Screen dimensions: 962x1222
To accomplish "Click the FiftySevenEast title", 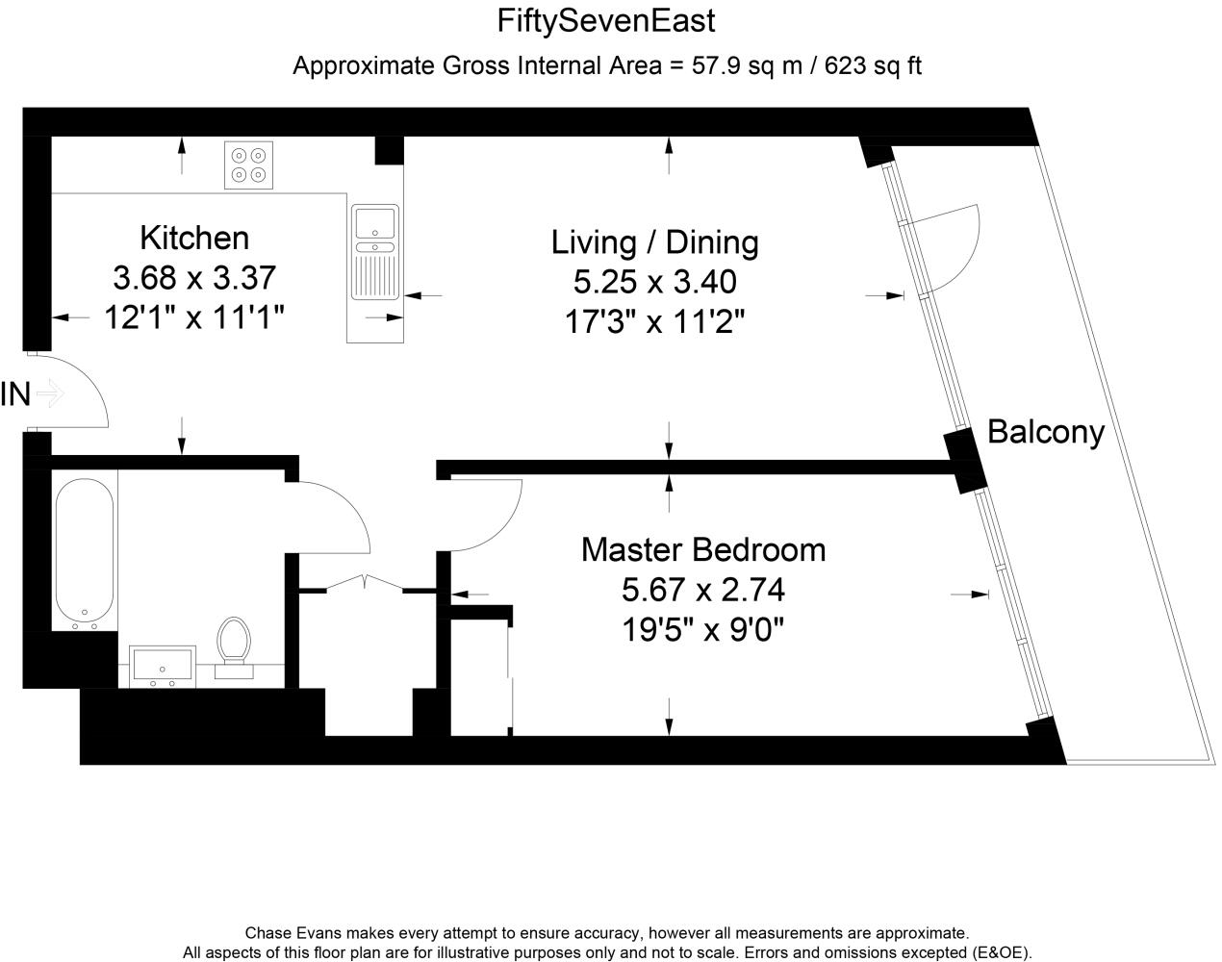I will tap(606, 20).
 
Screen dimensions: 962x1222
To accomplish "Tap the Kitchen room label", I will tap(194, 237).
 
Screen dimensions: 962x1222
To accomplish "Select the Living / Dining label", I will tap(654, 241).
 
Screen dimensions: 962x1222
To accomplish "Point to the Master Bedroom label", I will tap(703, 549).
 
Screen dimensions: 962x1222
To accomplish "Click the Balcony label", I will tap(1046, 432).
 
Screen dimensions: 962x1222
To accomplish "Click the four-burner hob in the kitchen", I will tap(248, 165).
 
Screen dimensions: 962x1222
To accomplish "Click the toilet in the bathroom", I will tap(233, 641).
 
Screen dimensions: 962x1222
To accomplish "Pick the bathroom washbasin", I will tap(163, 667).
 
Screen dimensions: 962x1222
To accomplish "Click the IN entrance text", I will tap(16, 394).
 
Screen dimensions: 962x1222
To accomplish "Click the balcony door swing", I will tap(948, 245).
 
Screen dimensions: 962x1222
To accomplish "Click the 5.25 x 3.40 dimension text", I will tap(654, 282).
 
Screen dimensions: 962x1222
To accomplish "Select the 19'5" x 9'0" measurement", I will tap(703, 630).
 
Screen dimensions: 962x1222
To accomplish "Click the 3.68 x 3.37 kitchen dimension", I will tap(194, 278).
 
